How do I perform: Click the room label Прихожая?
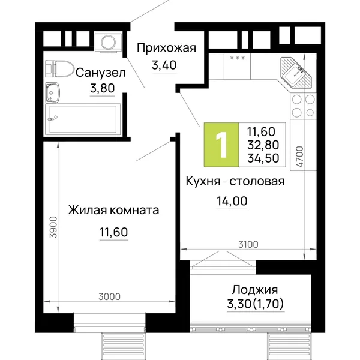coord(166,49)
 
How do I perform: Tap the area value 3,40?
coord(164,65)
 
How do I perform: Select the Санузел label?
coord(101,73)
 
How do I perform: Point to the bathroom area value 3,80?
coord(102,88)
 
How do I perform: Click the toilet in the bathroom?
coord(59,68)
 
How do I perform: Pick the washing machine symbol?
coord(108,43)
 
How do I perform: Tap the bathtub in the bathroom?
coord(83,119)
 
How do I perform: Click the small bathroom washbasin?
coord(52,92)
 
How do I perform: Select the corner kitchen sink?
coord(296,73)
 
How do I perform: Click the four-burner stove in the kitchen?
coord(303,106)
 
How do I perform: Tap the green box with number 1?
coord(221,145)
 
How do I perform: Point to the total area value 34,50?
coord(263,158)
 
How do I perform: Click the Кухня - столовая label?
coord(235,181)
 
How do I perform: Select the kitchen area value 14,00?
coord(232,201)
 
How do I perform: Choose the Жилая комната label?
coord(113,210)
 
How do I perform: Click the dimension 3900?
coord(53,227)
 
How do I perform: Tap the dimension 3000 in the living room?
coord(109,297)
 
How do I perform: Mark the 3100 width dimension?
coord(248,245)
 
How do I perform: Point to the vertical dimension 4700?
coord(299,157)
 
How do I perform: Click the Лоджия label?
coord(254,290)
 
